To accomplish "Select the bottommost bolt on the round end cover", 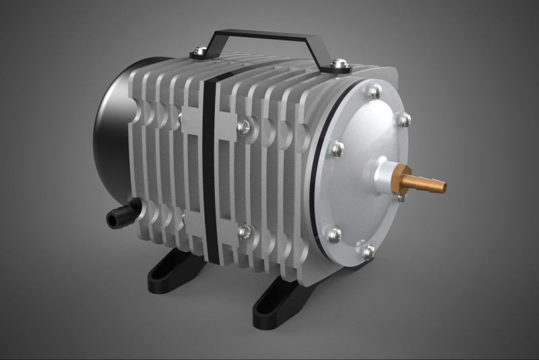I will pos(369,251).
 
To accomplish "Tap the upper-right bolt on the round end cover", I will pos(404,120).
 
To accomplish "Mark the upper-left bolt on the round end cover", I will pos(334,149).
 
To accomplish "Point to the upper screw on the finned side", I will pos(245,125).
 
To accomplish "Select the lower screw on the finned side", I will pos(244,233).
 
